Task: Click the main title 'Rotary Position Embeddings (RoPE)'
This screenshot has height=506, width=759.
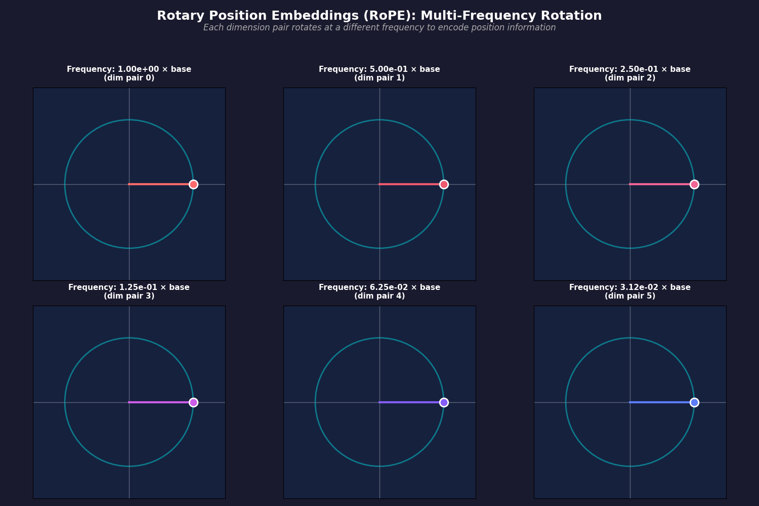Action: point(379,16)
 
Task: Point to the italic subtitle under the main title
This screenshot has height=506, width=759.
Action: point(379,28)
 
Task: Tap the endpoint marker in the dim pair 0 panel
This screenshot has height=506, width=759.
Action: point(193,184)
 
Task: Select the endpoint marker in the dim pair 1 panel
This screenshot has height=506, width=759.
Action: point(444,184)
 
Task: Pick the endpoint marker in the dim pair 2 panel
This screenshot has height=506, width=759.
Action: point(694,184)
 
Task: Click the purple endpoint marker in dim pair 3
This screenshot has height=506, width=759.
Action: point(193,402)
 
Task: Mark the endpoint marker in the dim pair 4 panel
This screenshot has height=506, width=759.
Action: point(444,402)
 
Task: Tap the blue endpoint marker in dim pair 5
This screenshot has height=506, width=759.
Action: point(694,402)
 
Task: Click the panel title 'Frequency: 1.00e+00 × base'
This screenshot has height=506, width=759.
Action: point(129,69)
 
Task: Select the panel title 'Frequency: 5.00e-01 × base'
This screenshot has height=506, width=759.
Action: point(379,69)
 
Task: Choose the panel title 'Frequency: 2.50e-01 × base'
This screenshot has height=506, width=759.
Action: point(630,69)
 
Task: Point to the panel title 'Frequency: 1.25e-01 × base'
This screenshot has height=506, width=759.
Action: point(129,287)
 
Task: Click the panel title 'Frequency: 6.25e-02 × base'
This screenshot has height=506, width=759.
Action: point(379,287)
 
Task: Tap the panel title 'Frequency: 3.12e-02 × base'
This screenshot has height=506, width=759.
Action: point(630,287)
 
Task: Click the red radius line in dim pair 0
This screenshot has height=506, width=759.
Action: point(159,184)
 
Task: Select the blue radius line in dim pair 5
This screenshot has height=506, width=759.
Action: point(660,402)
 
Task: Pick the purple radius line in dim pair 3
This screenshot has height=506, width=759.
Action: point(159,402)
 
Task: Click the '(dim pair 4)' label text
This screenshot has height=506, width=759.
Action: point(379,296)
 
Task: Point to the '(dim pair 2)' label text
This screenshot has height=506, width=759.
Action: point(630,78)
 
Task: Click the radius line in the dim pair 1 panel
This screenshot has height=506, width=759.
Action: point(410,184)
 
